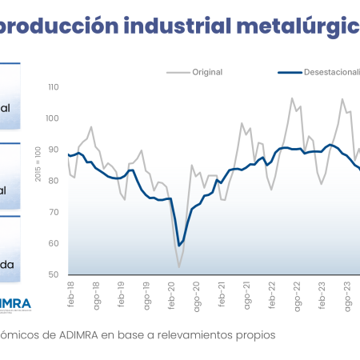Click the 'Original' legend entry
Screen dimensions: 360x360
[x=206, y=72]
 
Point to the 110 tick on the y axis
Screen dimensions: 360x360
[x=54, y=87]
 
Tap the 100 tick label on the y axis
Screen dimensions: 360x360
[x=54, y=118]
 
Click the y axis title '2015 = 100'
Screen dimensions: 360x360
[x=37, y=165]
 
